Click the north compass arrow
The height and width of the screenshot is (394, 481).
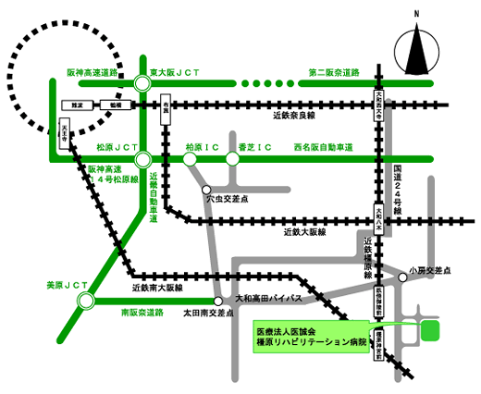coord(416,46)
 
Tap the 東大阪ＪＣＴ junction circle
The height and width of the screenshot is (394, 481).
coord(142,84)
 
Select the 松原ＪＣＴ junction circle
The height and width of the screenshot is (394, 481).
coord(142,159)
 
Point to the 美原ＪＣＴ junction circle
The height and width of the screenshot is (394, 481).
coord(86,300)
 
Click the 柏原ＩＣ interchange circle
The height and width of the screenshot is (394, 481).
coord(190,159)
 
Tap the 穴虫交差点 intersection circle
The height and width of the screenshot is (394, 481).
coord(208,190)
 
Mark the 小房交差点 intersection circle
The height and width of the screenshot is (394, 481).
coord(402,277)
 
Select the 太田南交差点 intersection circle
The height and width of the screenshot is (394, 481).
coord(218,301)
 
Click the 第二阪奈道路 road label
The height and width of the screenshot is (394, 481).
coord(336,73)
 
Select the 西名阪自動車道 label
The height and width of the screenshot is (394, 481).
coord(324,147)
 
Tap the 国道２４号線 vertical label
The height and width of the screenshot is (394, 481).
coord(397,189)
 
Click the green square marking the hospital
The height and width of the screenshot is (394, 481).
coord(428,330)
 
